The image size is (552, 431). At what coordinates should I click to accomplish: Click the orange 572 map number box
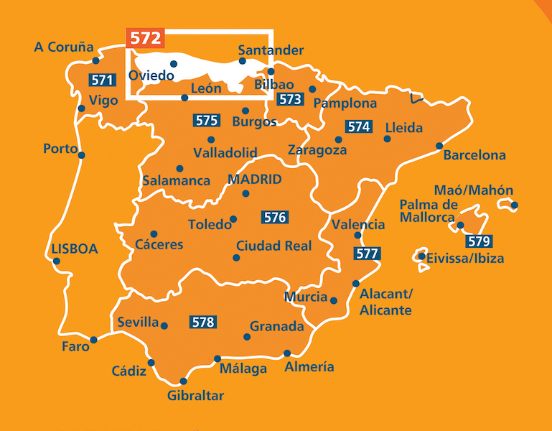(x=145, y=38)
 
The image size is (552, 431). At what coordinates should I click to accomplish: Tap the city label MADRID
(x=253, y=180)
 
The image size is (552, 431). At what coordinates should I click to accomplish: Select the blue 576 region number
(x=275, y=216)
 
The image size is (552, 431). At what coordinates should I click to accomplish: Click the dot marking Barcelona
(x=439, y=146)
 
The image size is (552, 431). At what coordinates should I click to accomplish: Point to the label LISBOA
(x=75, y=249)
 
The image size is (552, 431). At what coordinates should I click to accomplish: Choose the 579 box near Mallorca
(x=478, y=241)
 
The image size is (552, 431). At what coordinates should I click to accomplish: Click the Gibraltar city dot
(x=183, y=381)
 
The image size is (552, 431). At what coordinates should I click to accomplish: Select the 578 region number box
(x=203, y=323)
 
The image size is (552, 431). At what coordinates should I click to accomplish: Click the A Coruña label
(x=64, y=47)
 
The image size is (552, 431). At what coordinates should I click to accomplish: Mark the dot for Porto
(x=82, y=155)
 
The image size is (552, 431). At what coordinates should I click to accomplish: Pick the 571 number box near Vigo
(x=100, y=80)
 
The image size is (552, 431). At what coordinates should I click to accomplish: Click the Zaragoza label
(x=317, y=151)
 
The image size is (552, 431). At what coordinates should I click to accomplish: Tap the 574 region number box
(x=358, y=126)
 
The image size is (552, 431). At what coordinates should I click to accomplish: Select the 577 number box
(x=367, y=254)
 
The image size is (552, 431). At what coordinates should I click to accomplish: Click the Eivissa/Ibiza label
(x=465, y=259)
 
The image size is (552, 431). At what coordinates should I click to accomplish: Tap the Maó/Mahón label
(x=474, y=190)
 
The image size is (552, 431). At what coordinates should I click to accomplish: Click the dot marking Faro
(x=94, y=340)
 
